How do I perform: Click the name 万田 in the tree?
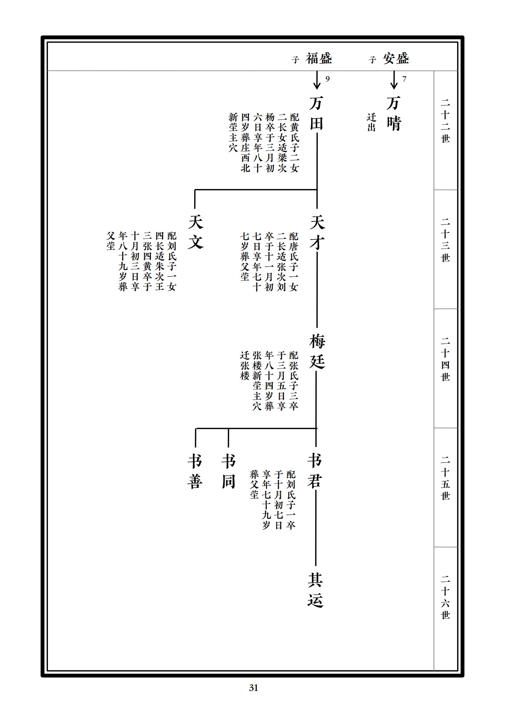click(x=317, y=113)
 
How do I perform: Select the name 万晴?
click(x=394, y=113)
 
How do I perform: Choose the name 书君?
click(x=315, y=471)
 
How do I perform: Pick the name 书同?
click(x=229, y=471)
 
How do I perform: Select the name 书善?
click(x=195, y=471)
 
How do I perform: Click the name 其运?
click(x=315, y=590)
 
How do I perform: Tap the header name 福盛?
click(x=319, y=59)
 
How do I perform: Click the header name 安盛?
click(x=396, y=59)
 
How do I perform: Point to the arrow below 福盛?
click(x=317, y=80)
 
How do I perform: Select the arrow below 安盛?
click(x=394, y=80)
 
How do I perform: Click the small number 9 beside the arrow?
click(x=327, y=79)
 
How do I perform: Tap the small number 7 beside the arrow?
click(x=404, y=79)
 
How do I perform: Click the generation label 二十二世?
click(x=445, y=121)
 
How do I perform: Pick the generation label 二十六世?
click(x=445, y=597)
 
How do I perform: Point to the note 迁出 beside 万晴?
click(x=371, y=122)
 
